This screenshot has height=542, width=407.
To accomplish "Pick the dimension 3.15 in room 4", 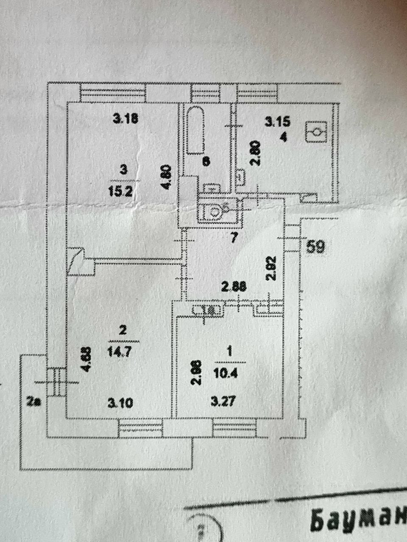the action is point(277,122).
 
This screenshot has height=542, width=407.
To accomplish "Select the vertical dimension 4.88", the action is point(86,359).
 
